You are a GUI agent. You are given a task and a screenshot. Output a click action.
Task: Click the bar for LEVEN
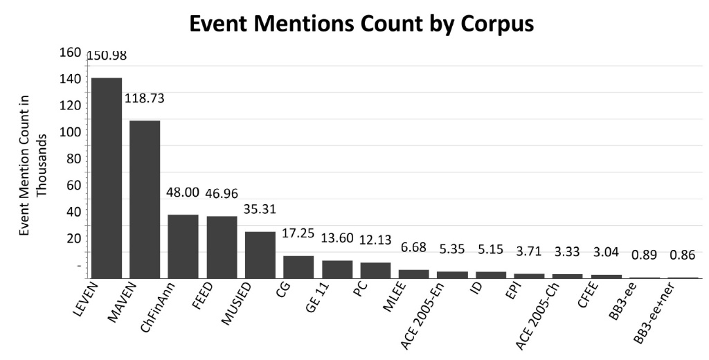107,178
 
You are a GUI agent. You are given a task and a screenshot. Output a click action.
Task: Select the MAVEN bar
145,199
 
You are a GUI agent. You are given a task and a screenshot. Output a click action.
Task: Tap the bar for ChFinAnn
183,246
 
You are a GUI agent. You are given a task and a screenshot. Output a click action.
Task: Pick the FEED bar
222,247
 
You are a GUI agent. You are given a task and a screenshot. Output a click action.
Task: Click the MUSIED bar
260,255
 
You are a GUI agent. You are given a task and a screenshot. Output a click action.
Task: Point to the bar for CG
298,267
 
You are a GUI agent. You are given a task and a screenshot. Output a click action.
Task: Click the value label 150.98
107,56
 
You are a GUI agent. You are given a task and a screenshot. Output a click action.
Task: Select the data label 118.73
144,99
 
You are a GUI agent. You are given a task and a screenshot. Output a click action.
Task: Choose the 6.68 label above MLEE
414,247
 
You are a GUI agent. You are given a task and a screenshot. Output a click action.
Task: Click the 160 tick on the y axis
69,53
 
